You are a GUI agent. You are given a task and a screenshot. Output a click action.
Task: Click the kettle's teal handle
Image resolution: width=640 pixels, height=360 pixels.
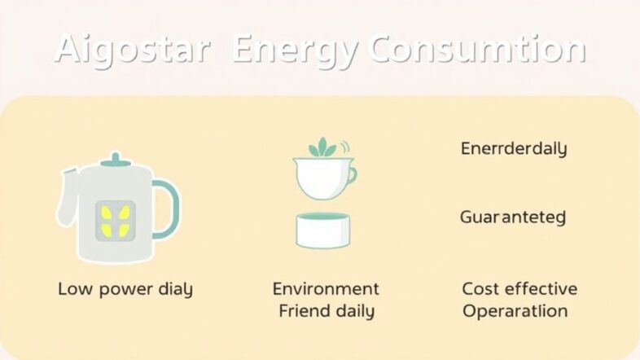coord(167,209)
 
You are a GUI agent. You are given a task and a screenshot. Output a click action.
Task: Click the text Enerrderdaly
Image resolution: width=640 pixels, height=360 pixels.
coord(513,148)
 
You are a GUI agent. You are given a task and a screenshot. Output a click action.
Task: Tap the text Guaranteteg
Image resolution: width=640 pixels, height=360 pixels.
coord(512,217)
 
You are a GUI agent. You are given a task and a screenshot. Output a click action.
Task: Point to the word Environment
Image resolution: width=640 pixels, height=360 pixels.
coord(326,289)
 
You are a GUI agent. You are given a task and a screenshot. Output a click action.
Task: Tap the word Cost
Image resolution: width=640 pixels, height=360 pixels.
coord(480,289)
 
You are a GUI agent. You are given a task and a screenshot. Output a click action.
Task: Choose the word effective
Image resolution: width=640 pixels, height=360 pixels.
coord(540,289)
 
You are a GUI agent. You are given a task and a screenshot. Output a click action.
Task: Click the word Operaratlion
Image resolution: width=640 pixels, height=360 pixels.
coord(515,311)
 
